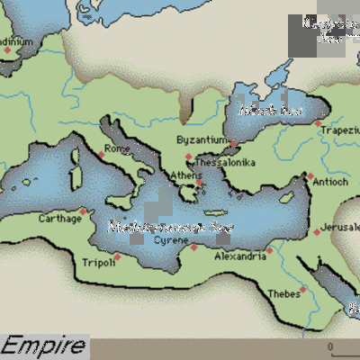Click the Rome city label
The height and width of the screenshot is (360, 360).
pos(118,148)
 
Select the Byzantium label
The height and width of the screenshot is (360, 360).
pos(203,141)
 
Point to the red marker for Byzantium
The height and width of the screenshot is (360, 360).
pos(232,144)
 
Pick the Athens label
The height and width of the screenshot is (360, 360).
pos(186,175)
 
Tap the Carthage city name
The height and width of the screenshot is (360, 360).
pos(59,218)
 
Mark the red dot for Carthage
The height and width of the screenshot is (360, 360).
pos(83,211)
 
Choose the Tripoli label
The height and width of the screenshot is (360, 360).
pos(97,263)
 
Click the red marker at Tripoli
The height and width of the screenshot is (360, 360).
pos(117,256)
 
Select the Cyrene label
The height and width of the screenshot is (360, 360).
pos(171,240)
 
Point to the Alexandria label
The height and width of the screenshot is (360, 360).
pos(240,256)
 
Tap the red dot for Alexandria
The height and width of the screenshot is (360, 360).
pos(269,250)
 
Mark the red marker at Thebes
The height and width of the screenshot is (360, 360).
pos(303,289)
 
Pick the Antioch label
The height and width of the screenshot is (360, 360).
pos(328,181)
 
